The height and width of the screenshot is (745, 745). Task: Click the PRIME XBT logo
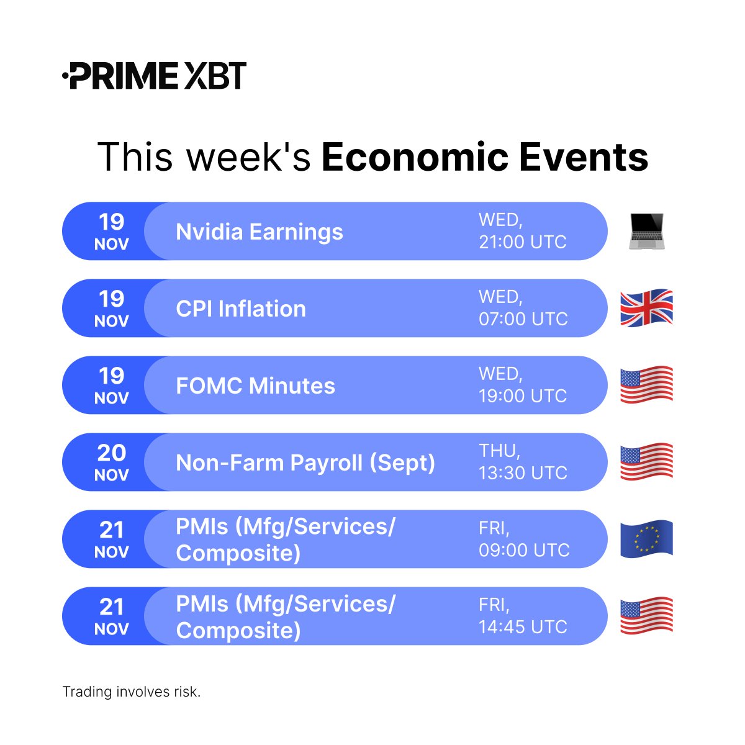[155, 76]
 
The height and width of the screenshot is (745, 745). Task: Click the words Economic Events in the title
[484, 157]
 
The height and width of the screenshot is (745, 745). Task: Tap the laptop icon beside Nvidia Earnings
[646, 231]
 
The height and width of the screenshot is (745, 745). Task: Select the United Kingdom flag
[646, 308]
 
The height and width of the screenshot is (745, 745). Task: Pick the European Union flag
[646, 538]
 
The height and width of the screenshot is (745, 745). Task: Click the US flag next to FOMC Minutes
[646, 385]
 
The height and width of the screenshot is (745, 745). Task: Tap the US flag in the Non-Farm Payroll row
[646, 462]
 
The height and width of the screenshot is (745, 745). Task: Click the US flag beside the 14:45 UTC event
[646, 615]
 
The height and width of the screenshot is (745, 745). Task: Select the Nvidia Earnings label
[259, 232]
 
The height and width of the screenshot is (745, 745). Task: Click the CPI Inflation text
[241, 309]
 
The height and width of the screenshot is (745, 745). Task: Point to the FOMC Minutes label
[255, 386]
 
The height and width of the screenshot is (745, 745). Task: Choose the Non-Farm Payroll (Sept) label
[305, 463]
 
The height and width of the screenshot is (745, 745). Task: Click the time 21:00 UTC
[522, 242]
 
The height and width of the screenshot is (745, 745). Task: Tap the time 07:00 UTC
[523, 318]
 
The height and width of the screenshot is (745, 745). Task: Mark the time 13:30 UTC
[523, 472]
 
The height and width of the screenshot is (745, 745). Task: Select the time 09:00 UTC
[524, 549]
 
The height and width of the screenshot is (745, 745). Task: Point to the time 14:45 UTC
[523, 626]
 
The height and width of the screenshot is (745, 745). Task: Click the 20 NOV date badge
[112, 462]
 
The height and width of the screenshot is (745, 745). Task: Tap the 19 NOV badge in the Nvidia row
[112, 231]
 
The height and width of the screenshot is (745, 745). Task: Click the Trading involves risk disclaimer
[132, 692]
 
